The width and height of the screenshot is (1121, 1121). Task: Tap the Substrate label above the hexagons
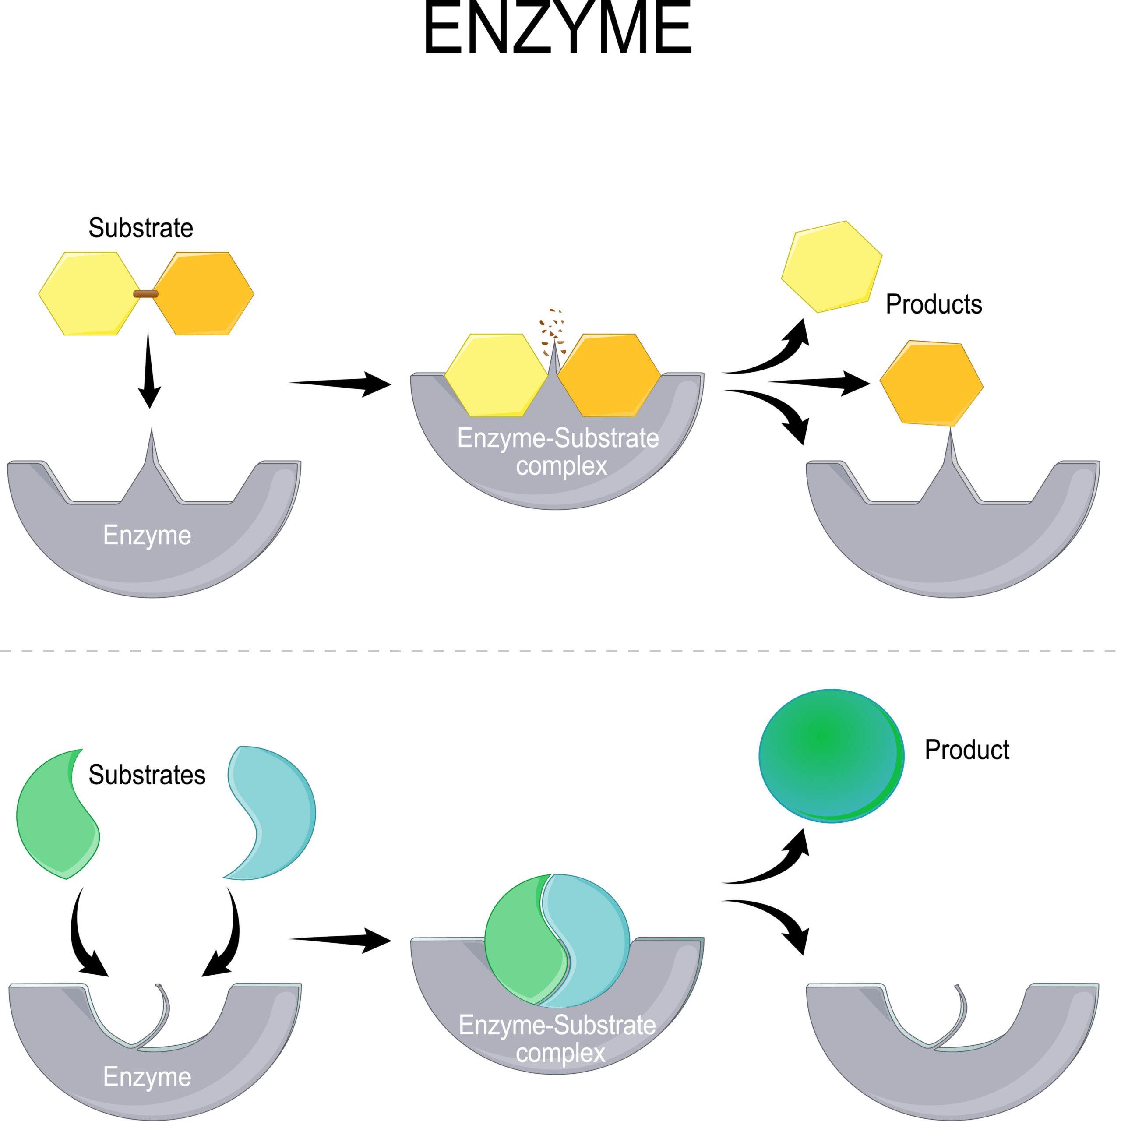click(x=141, y=227)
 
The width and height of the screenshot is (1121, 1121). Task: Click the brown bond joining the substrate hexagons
click(x=146, y=293)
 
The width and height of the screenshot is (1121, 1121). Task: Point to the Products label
click(x=934, y=304)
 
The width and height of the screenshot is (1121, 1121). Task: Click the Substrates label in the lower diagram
click(x=147, y=775)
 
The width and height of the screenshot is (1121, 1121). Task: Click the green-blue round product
click(x=832, y=755)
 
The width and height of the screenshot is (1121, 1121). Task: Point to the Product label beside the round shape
click(x=967, y=749)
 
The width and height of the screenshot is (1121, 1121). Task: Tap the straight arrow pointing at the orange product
click(x=819, y=382)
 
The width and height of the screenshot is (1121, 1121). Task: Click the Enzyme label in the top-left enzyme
click(x=147, y=536)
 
